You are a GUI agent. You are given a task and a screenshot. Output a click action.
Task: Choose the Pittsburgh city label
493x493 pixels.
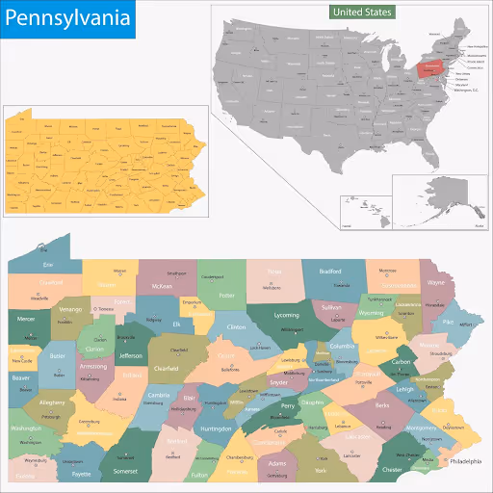[x=51, y=417]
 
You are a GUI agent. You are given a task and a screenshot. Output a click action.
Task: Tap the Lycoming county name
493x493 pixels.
[x=286, y=315]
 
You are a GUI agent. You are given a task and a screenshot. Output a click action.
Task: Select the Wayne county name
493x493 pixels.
[x=436, y=284]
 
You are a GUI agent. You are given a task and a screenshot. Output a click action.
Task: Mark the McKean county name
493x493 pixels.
[x=160, y=286]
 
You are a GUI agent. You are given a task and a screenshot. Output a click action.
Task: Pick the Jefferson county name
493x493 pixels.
[x=130, y=355]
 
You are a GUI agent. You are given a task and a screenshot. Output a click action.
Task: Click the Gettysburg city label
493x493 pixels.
[x=277, y=476]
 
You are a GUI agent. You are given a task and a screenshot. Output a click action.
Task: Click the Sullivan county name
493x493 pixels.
[x=332, y=307]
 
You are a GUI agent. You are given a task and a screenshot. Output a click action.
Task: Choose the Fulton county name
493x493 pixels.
[x=199, y=476]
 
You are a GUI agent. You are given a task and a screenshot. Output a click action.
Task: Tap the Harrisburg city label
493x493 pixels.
[x=317, y=427]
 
